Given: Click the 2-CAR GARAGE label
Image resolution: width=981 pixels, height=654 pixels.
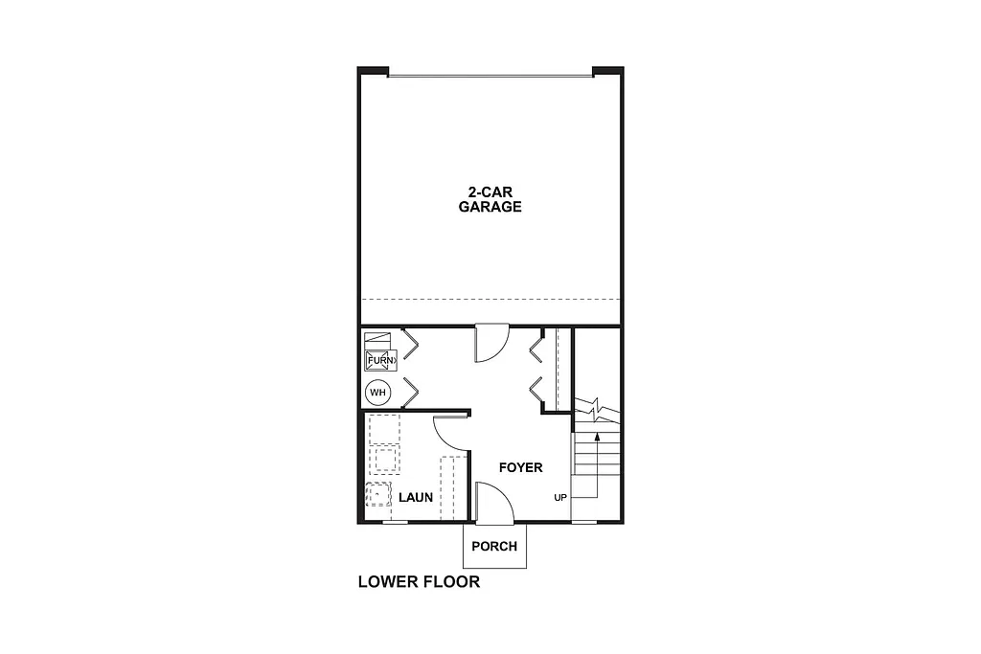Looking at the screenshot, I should tap(490, 199).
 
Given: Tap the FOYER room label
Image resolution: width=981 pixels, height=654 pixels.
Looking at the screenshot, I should tap(520, 467).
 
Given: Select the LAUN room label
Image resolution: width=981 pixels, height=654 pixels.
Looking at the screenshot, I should tap(416, 497).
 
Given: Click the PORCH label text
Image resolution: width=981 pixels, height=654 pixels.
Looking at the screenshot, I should tap(494, 547).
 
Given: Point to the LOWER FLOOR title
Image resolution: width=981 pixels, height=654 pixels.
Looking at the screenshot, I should tap(419, 581).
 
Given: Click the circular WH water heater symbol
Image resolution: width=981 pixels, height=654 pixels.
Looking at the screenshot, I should tap(377, 392).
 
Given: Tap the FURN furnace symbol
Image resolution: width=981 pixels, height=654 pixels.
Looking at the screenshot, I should tap(379, 360).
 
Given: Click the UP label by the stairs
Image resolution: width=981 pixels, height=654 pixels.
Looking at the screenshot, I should tap(560, 498).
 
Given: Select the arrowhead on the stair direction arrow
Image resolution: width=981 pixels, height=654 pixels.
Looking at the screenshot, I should tap(598, 436).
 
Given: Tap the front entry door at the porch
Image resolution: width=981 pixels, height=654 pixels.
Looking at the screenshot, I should tap(493, 503).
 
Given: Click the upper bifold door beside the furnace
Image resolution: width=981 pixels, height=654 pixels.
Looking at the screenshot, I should tap(409, 344).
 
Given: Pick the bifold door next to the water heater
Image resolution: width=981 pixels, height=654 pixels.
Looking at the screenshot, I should tap(409, 391).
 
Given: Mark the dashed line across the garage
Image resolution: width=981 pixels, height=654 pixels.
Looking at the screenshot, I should tap(490, 297).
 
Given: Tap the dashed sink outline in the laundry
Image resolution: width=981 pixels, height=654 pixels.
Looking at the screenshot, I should tap(378, 493).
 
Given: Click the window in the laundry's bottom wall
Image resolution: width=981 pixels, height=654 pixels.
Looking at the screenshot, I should tap(395, 522).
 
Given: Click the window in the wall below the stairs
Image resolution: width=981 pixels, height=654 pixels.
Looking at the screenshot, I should tap(583, 522).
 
